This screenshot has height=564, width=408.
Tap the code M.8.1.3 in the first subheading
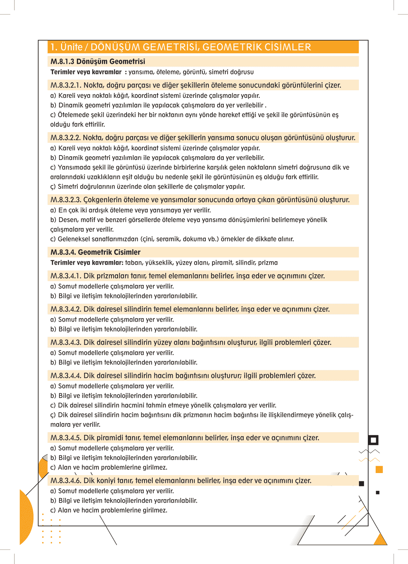point(62,61)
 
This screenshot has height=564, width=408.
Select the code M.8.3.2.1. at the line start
point(66,85)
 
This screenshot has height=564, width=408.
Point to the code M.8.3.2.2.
point(66,138)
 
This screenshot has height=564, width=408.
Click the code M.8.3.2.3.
point(66,200)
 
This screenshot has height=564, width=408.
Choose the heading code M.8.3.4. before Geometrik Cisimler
point(63,252)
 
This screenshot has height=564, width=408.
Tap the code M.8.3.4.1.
point(66,276)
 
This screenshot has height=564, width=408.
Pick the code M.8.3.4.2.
point(66,309)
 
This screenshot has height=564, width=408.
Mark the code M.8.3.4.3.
point(66,343)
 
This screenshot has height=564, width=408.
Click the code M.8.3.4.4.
point(66,376)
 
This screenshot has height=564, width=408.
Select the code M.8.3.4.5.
point(66,438)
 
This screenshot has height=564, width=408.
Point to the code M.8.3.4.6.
point(66,481)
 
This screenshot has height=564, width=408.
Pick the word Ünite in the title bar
point(71,47)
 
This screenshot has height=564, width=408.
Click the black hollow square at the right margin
point(373,440)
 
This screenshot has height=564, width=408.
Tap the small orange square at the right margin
point(379,469)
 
